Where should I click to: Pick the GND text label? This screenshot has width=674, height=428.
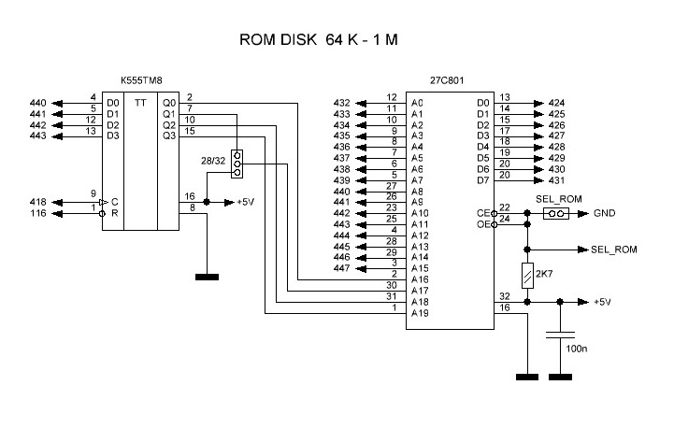(603, 213)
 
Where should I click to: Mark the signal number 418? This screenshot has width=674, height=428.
(37, 201)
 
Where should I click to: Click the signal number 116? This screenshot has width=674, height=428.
(37, 214)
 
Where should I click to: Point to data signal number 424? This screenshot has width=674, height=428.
(556, 103)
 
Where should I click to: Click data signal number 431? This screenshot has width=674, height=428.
(556, 180)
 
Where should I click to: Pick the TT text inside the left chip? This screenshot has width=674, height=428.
(140, 102)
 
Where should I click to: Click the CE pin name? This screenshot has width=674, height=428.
(483, 213)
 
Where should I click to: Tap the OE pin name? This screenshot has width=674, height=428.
(483, 224)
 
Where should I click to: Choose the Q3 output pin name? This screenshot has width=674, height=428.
(168, 136)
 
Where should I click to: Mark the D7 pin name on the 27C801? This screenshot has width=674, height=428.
(482, 180)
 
